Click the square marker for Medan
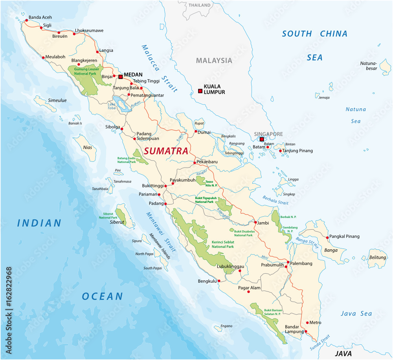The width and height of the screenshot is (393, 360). [121, 77]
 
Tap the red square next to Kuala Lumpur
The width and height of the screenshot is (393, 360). [200, 91]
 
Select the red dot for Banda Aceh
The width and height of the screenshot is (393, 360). [26, 20]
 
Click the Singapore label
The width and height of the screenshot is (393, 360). [268, 134]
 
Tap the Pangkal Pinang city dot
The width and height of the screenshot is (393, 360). [327, 238]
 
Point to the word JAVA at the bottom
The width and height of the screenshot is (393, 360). [340, 353]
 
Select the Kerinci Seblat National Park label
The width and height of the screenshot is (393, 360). [223, 244]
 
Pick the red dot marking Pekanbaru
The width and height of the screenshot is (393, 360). [194, 163]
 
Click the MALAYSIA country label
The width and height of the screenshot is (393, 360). [214, 60]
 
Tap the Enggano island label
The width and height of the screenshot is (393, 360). [226, 326]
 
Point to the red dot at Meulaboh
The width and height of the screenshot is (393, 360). [43, 58]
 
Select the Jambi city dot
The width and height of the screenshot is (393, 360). [255, 223]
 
